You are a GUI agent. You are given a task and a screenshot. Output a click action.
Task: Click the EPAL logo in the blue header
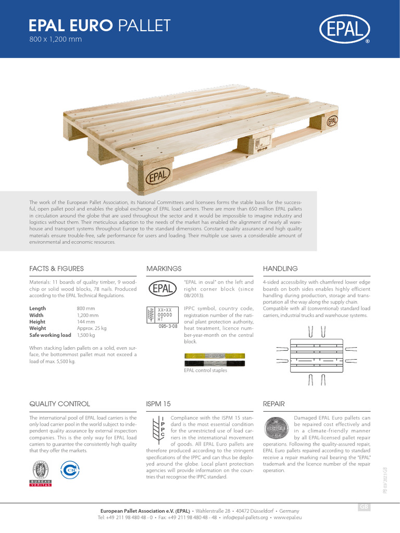pyautogui.click(x=345, y=29)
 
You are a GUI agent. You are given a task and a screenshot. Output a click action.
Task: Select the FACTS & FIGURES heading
pyautogui.click(x=56, y=269)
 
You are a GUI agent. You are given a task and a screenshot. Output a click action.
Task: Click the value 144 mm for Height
pyautogui.click(x=85, y=322)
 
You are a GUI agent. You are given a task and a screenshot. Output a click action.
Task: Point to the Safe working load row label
pyautogui.click(x=50, y=335)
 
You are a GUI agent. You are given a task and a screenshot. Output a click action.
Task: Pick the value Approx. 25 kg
pyautogui.click(x=92, y=328)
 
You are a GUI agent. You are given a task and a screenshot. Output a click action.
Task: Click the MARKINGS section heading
pyautogui.click(x=165, y=269)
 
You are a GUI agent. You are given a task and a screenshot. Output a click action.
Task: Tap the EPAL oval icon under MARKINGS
pyautogui.click(x=164, y=288)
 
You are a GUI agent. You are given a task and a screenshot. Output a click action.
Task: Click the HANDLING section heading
pyautogui.click(x=280, y=269)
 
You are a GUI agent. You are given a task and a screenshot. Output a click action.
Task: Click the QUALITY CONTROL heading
pyautogui.click(x=59, y=404)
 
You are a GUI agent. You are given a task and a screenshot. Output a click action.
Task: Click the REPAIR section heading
pyautogui.click(x=274, y=404)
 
